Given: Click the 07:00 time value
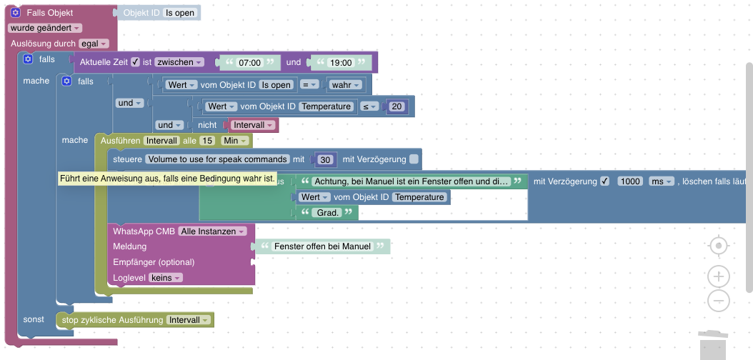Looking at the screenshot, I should tap(250, 63).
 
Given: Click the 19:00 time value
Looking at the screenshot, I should tap(341, 63).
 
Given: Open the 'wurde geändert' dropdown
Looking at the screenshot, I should tap(45, 28).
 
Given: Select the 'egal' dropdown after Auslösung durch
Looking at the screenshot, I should tap(94, 44).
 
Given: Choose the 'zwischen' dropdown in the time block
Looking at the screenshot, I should tap(180, 62).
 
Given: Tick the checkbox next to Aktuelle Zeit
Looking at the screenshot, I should tap(135, 62).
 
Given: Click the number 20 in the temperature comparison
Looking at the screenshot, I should tap(398, 107).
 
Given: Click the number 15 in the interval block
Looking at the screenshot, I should tap(207, 141).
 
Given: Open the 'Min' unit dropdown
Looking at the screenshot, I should tap(235, 141).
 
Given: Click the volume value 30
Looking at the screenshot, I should tap(326, 159).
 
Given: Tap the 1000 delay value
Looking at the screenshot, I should tap(629, 181).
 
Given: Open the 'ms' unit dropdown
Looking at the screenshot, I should tap(660, 181).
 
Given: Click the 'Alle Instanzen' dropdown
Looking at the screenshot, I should tap(213, 231).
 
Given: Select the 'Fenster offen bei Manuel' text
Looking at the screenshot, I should tap(323, 246).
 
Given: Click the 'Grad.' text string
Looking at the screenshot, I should tap(328, 212).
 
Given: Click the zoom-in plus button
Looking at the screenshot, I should tap(719, 276).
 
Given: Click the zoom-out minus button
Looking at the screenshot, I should tap(719, 301).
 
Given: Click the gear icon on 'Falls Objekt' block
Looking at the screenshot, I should tap(15, 13).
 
